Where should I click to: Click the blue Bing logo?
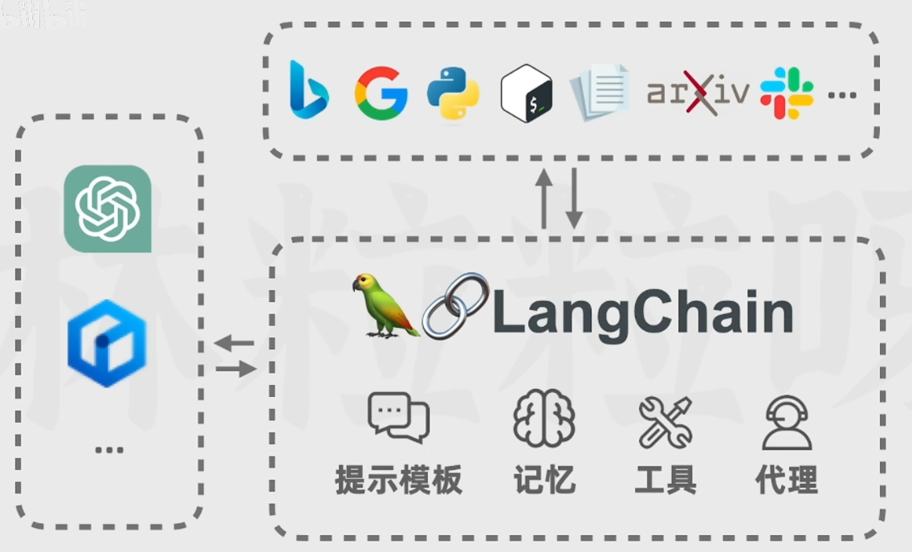(308, 90)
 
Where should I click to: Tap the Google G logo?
(381, 93)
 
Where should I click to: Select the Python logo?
(453, 93)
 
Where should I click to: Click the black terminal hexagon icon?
(527, 94)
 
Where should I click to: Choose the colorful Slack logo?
(787, 93)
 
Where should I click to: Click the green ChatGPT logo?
(108, 209)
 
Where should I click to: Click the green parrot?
(383, 305)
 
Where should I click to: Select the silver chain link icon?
(455, 305)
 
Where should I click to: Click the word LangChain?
(642, 313)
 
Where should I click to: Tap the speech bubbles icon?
(398, 418)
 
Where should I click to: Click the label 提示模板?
(398, 480)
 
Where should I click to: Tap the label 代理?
(787, 480)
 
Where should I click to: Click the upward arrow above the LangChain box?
(544, 198)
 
